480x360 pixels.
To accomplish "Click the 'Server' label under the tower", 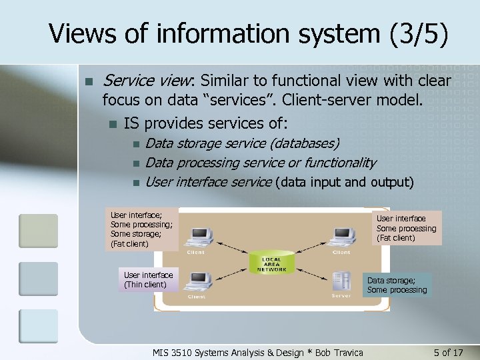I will [x=341, y=296].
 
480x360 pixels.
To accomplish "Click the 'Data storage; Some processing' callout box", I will [x=397, y=285].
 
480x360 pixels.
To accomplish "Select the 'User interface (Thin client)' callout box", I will [x=148, y=279].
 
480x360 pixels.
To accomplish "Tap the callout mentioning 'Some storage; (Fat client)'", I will [x=141, y=229].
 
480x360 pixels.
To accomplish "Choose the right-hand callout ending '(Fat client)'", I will [x=406, y=228].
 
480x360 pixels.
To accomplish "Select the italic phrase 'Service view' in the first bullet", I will [x=145, y=81].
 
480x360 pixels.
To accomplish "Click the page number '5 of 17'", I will [x=447, y=352].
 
